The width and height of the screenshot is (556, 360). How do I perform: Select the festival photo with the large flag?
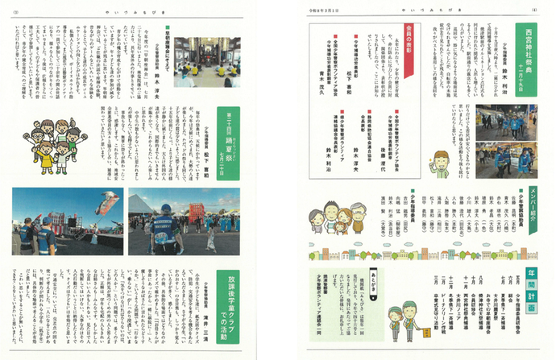pyautogui.click(x=64, y=220)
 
